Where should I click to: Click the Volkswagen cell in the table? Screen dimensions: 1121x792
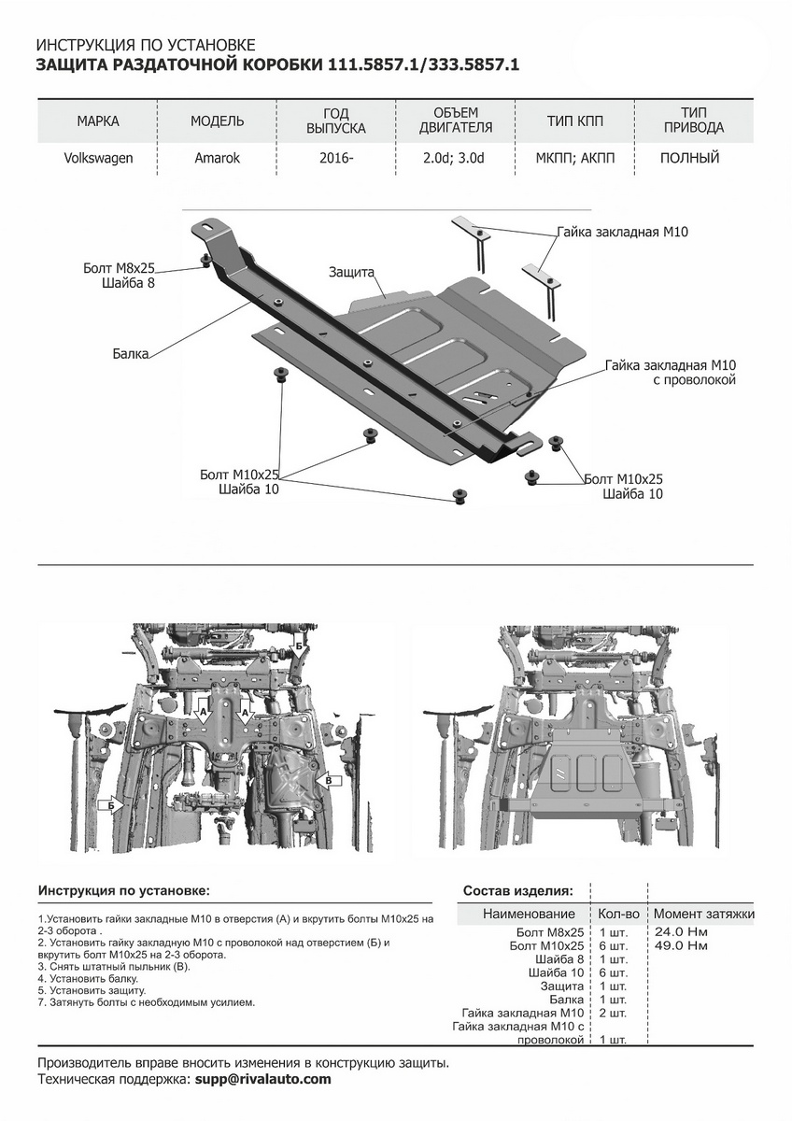[x=98, y=158]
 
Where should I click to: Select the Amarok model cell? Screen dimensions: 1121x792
[x=218, y=158]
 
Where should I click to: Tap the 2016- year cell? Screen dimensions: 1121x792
[x=336, y=158]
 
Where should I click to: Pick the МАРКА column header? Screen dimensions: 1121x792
[x=98, y=121]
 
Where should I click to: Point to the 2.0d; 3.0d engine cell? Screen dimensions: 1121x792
[x=453, y=158]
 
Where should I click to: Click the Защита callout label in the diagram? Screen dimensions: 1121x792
[x=351, y=272]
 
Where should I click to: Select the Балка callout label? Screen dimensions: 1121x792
[x=132, y=355]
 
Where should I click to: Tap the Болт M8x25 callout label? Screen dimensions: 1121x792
[x=118, y=268]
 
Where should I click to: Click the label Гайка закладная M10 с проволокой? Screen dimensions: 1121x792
[x=671, y=373]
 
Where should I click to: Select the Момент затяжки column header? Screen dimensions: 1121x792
[x=703, y=914]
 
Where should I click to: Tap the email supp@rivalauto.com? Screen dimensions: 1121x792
[x=262, y=1079]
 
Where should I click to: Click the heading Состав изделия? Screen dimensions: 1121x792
[x=518, y=891]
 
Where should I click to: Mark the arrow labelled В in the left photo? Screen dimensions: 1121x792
[x=328, y=777]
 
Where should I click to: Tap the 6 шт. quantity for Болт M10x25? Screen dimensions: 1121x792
[x=613, y=946]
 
